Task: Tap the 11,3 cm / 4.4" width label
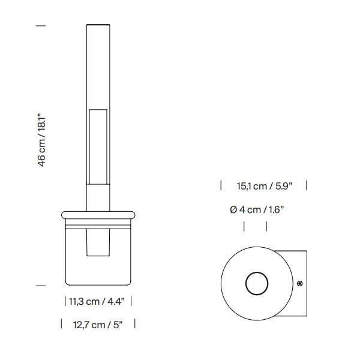click(98, 301)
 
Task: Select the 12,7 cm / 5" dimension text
click(98, 325)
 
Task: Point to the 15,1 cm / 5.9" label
click(264, 186)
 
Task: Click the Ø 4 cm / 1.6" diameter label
click(256, 209)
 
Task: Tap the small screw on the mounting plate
click(300, 283)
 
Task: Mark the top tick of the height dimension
click(41, 25)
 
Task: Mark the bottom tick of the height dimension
click(41, 286)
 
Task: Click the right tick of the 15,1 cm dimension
click(307, 185)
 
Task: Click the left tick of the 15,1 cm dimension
click(221, 185)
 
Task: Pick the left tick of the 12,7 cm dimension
click(62, 324)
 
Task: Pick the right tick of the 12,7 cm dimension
click(134, 324)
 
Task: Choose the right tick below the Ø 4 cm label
click(267, 227)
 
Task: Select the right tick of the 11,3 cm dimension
click(131, 301)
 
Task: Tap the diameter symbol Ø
click(233, 209)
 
